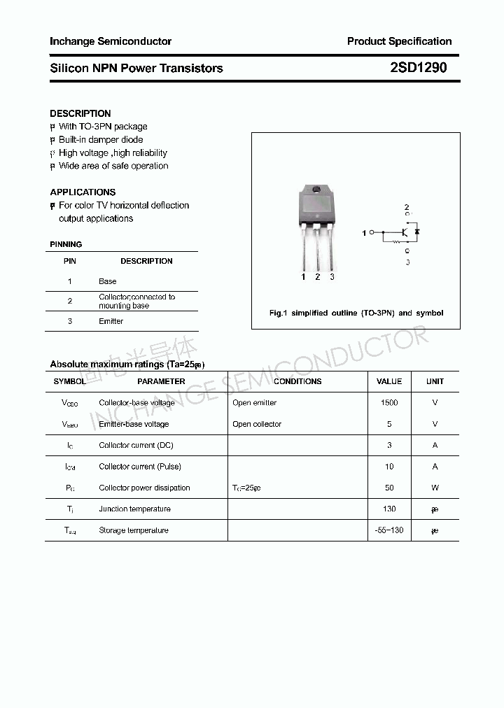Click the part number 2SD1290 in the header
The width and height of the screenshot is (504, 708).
418,68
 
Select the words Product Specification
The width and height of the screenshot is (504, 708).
399,41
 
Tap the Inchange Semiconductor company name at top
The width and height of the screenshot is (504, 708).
111,41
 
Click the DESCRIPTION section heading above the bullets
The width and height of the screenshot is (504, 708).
80,113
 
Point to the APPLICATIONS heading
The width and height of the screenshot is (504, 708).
83,192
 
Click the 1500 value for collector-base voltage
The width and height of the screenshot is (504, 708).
389,403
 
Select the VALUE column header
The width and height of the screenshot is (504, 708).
389,381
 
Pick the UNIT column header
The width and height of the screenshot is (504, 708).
435,381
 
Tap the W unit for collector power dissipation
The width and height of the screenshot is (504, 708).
435,488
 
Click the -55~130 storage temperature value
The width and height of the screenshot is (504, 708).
389,530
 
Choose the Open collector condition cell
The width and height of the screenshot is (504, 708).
257,424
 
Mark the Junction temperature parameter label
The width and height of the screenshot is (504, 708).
134,509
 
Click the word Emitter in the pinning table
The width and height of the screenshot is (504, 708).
111,321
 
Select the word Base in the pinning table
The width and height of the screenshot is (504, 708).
108,281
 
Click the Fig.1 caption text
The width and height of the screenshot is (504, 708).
356,313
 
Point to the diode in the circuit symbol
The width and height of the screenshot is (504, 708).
417,231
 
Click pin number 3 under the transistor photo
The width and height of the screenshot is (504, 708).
332,277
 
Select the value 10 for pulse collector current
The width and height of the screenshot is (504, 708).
389,467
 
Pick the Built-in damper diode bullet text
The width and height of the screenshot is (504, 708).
101,140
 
